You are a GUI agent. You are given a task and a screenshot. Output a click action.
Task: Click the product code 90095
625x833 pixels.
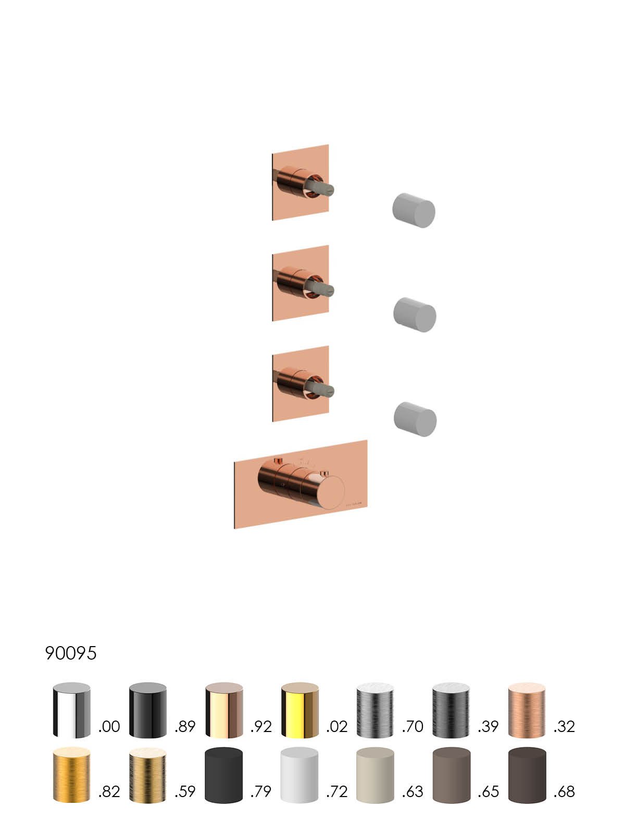[71, 653]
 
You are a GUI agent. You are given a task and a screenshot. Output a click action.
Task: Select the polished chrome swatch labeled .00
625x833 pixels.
[72, 710]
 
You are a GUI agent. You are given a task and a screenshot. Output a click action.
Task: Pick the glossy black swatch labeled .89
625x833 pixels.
[147, 710]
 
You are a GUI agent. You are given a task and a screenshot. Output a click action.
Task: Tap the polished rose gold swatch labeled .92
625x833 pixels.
[224, 710]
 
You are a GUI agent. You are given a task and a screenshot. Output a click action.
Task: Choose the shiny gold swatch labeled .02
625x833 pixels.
[300, 710]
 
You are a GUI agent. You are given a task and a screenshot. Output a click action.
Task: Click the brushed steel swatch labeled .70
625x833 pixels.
[376, 710]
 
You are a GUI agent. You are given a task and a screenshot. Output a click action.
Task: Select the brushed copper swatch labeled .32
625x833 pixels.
[527, 710]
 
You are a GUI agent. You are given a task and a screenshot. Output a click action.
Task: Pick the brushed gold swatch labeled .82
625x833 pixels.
[72, 775]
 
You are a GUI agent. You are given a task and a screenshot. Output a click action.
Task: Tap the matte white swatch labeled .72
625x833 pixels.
[299, 775]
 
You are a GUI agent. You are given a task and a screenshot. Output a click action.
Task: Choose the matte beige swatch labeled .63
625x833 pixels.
[376, 775]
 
